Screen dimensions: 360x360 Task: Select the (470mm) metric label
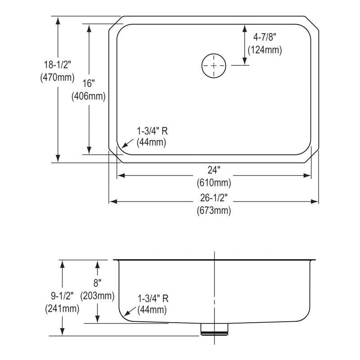[57, 77]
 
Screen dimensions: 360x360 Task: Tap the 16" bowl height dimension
[89, 83]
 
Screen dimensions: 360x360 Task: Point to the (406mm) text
[88, 96]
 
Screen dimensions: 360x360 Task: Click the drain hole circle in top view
[213, 66]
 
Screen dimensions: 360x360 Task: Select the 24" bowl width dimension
[213, 170]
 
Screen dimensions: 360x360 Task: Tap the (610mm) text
[213, 183]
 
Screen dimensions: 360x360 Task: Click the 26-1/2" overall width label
[213, 198]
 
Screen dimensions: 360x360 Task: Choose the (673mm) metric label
[213, 210]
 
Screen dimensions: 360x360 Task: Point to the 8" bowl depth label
[97, 283]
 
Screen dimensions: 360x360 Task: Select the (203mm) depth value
[97, 296]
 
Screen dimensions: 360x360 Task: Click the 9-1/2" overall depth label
[62, 297]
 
